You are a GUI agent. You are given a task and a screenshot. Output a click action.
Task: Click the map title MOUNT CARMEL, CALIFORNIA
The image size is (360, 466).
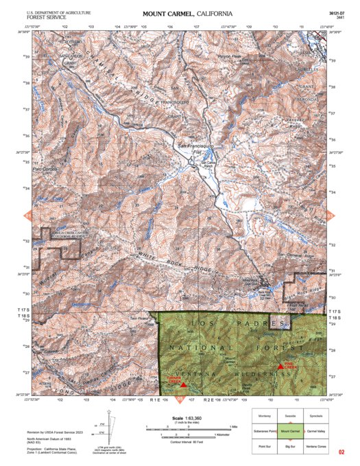point(187,14)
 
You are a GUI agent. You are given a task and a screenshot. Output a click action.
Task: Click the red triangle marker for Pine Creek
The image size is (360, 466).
point(280,366)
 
